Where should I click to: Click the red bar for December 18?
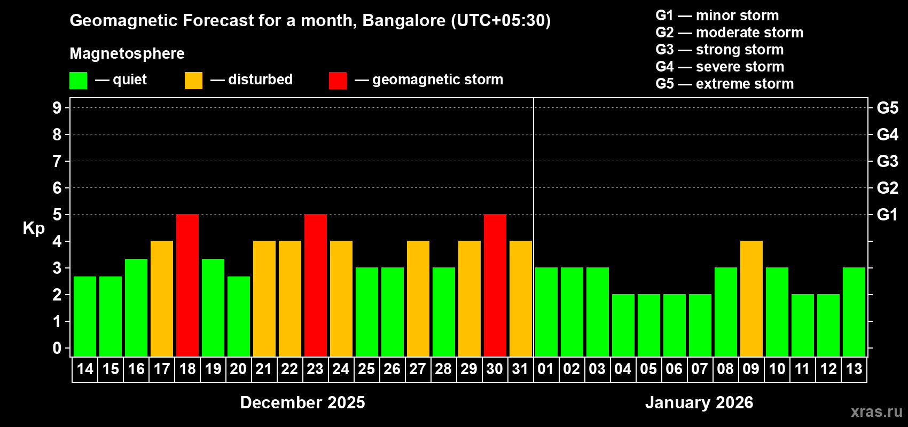pyautogui.click(x=187, y=285)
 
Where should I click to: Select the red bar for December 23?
pyautogui.click(x=316, y=285)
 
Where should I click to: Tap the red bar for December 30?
pyautogui.click(x=495, y=285)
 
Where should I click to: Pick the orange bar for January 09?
pyautogui.click(x=752, y=298)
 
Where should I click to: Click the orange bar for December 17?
pyautogui.click(x=162, y=298)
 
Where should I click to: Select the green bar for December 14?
pyautogui.click(x=85, y=316)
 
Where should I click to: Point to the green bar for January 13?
pyautogui.click(x=854, y=312)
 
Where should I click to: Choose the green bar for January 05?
pyautogui.click(x=649, y=325)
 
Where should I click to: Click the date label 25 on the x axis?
pyautogui.click(x=366, y=369)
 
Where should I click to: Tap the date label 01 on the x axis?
pyautogui.click(x=546, y=369)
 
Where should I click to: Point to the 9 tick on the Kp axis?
pyautogui.click(x=57, y=108)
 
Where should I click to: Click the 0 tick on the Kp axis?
pyautogui.click(x=57, y=348)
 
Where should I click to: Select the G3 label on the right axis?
pyautogui.click(x=887, y=161)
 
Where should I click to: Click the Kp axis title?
pyautogui.click(x=34, y=228)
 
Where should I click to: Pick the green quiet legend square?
pyautogui.click(x=79, y=81)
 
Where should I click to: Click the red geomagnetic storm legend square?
pyautogui.click(x=338, y=81)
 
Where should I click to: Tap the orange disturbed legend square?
pyautogui.click(x=193, y=81)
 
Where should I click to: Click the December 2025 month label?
pyautogui.click(x=302, y=402)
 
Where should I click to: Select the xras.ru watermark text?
pyautogui.click(x=876, y=412)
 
